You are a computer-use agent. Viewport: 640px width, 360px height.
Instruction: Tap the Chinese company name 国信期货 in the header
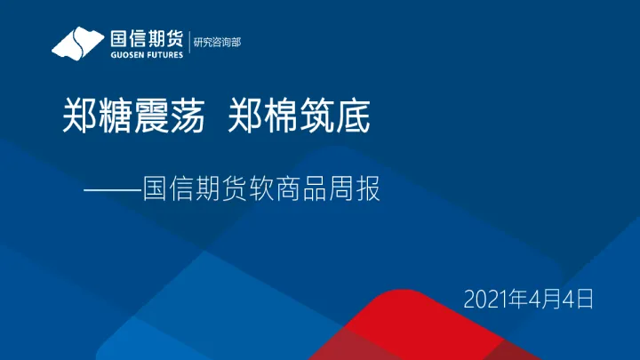tap(147, 38)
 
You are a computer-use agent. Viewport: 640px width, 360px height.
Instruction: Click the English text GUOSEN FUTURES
tap(147, 53)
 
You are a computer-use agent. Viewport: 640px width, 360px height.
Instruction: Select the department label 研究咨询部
tap(217, 41)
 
